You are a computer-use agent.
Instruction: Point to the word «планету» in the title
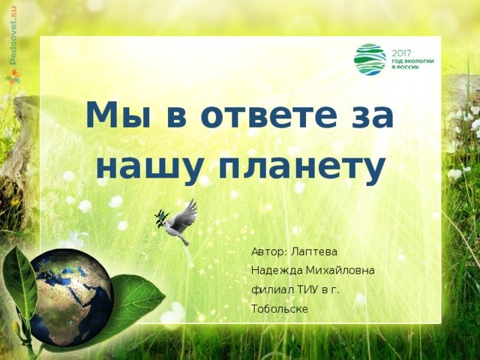pos(301,170)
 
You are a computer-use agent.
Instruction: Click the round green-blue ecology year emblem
pos(370,58)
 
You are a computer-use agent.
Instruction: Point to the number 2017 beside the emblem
pos(402,53)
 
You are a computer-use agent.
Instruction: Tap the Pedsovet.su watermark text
pos(13,35)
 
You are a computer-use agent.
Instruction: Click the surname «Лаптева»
pos(314,252)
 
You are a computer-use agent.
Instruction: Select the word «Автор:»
pos(269,252)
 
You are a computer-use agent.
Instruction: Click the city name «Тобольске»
pos(280,309)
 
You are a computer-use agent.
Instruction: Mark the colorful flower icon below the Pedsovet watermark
pos(13,76)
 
